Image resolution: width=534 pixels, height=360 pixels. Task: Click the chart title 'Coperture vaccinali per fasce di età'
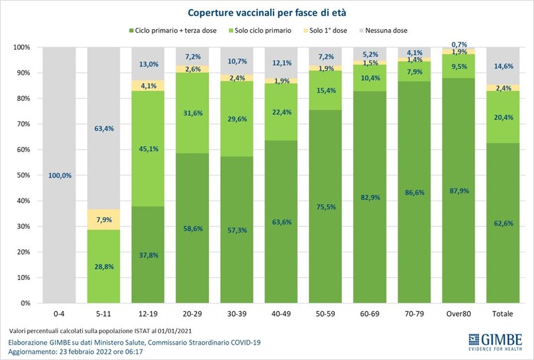pos(267,13)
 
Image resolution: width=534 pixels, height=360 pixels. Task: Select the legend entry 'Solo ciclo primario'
pos(260,31)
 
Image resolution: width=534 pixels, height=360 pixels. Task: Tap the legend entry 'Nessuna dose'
pos(383,31)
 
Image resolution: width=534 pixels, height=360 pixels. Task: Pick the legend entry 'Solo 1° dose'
pos(324,31)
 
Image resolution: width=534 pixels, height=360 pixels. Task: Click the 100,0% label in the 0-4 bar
pos(60,175)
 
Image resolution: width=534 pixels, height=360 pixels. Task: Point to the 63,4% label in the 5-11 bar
pos(104,129)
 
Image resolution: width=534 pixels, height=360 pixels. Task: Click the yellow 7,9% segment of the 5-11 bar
pos(104,219)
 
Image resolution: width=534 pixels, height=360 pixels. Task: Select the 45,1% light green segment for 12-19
pos(148,148)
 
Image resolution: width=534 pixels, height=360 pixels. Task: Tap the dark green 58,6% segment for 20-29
pos(192,228)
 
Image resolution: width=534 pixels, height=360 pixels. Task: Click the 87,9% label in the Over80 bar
pos(459,191)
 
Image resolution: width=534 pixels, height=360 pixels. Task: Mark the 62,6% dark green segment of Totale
pos(503,223)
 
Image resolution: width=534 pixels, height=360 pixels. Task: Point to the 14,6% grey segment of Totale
pos(503,66)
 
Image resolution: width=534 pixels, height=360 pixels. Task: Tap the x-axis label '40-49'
pos(281,313)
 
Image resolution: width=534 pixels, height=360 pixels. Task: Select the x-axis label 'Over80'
pos(458,313)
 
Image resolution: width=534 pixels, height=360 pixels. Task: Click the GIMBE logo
pos(495,342)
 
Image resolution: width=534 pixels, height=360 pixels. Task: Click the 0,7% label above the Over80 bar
pos(459,45)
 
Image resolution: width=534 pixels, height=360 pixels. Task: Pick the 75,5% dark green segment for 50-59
pos(325,206)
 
